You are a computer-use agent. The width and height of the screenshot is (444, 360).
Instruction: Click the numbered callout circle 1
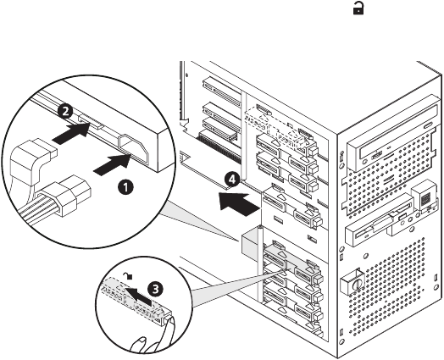pyautogui.click(x=125, y=187)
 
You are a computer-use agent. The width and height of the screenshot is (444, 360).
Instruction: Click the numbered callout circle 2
pyautogui.click(x=65, y=111)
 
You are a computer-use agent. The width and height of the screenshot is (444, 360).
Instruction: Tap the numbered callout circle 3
pyautogui.click(x=156, y=289)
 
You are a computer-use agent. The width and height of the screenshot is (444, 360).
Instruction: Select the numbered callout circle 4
pyautogui.click(x=232, y=180)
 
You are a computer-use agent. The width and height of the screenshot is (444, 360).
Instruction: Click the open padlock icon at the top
pyautogui.click(x=358, y=9)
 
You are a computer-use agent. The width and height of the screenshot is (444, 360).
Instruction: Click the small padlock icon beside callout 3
pyautogui.click(x=129, y=275)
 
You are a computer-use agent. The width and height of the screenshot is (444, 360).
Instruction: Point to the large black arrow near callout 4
pyautogui.click(x=239, y=204)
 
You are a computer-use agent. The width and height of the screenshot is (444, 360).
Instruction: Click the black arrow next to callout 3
pyautogui.click(x=138, y=296)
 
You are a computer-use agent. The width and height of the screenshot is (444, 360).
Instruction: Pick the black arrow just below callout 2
pyautogui.click(x=71, y=133)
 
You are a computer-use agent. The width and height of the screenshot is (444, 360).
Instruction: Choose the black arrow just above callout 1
pyautogui.click(x=112, y=165)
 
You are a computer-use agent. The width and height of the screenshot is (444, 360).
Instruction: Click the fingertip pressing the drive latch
pyautogui.click(x=170, y=324)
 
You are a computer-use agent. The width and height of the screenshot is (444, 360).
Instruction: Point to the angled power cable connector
pyautogui.click(x=31, y=161)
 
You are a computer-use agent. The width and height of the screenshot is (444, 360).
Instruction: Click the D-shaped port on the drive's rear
pyautogui.click(x=134, y=149)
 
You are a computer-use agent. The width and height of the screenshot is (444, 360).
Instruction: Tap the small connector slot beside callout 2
pyautogui.click(x=90, y=122)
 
